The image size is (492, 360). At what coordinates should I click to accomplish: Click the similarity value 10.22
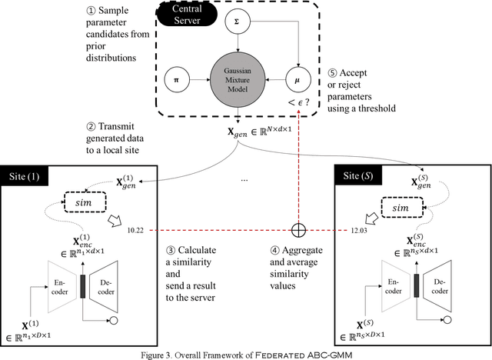coord(136,229)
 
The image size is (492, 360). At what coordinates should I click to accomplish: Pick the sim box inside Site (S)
coord(419,208)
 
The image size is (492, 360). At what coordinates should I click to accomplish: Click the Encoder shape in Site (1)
coord(66,282)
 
